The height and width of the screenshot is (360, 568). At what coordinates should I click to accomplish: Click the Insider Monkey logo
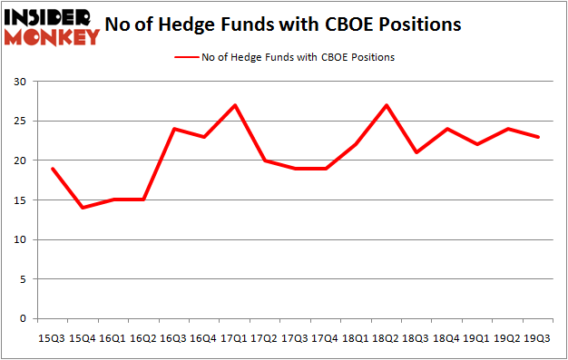51,25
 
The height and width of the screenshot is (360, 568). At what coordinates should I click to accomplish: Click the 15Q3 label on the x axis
52,338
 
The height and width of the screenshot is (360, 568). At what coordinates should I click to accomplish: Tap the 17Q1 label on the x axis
235,338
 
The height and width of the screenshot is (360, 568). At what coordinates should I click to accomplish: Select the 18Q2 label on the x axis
387,338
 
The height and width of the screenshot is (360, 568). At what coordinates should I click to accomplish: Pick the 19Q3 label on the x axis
539,338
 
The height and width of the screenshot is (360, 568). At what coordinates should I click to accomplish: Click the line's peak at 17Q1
235,105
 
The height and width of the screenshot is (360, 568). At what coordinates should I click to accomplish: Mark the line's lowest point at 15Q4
83,208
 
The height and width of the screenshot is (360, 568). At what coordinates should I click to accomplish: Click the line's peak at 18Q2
387,105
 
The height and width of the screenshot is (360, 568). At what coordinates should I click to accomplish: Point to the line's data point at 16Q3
174,129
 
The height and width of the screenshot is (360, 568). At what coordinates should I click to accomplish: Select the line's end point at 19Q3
539,137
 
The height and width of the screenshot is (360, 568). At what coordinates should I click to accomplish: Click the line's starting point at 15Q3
52,169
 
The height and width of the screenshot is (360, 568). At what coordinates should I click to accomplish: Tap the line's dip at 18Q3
417,152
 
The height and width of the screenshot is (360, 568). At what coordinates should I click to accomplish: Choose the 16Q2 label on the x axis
143,338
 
